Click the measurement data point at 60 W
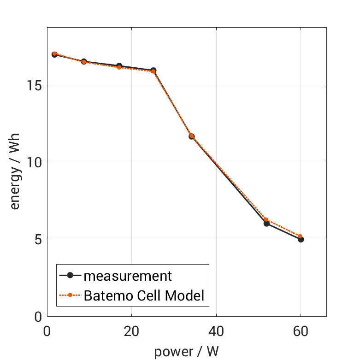click(301, 239)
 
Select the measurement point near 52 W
click(266, 224)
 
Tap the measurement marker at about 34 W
click(191, 136)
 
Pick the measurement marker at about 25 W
click(153, 71)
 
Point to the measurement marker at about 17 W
click(119, 66)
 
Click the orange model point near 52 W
click(266, 220)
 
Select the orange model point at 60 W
click(301, 236)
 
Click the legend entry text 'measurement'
click(127, 276)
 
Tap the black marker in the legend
click(70, 276)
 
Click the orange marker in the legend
click(70, 295)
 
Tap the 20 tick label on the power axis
click(131, 332)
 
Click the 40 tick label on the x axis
click(216, 332)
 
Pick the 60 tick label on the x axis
click(301, 332)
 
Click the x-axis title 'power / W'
click(187, 352)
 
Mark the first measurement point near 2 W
click(54, 54)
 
